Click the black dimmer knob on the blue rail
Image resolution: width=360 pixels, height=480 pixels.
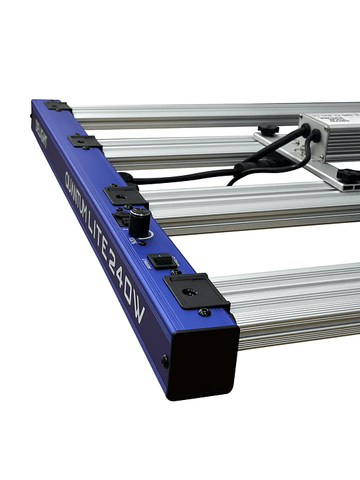click(139, 222)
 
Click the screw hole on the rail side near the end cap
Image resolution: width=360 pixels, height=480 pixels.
click(165, 359)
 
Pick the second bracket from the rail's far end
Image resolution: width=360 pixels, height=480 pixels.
click(84, 141)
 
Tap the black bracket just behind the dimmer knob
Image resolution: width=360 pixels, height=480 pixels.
click(123, 195)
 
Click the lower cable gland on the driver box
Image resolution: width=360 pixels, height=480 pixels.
click(316, 136)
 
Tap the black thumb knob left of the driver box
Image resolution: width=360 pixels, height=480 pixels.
click(268, 129)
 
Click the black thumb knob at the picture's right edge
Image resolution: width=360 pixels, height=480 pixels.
click(350, 175)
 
